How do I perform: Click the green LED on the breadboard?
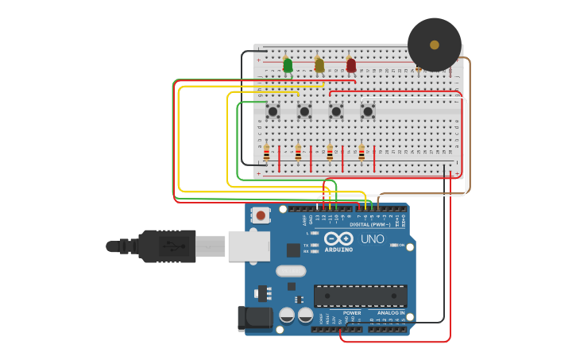tap(288, 65)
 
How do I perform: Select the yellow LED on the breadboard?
tap(319, 65)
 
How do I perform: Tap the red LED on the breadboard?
tap(351, 65)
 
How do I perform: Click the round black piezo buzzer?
tap(435, 45)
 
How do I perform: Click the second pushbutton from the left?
tap(304, 111)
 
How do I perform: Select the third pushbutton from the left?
tap(336, 111)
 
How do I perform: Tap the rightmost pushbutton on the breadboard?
tap(367, 111)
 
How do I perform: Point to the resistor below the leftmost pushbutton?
tap(267, 153)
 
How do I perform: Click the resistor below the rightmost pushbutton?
tap(361, 153)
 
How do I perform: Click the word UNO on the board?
tap(373, 238)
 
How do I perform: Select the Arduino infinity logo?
tap(338, 238)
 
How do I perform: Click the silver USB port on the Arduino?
tap(248, 246)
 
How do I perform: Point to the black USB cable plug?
tap(168, 246)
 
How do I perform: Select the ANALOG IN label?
tap(389, 313)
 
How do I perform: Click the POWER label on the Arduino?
tap(351, 313)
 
